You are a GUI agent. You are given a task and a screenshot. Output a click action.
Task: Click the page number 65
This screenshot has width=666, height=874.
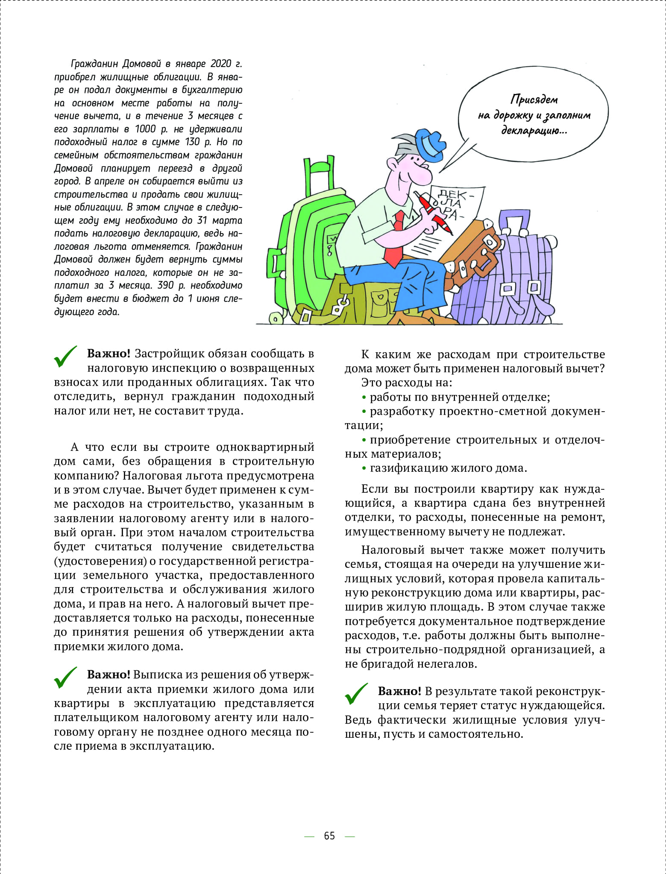coord(329,836)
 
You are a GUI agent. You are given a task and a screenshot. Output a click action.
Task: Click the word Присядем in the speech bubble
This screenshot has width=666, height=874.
coord(534,99)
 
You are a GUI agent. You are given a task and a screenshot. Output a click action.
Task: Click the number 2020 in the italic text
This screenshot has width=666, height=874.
coord(220,64)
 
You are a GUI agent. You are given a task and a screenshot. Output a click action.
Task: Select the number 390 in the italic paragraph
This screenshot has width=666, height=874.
coord(166,285)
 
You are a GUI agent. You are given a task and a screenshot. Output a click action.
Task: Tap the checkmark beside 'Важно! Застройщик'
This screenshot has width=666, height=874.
coord(65,357)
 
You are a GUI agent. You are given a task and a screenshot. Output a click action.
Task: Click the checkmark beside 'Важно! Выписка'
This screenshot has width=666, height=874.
coord(65,678)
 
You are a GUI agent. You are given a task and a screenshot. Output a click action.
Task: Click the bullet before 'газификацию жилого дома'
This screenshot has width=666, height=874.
coord(364,469)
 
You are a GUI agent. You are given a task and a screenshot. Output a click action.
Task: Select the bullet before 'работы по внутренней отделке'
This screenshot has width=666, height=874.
coord(364,398)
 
